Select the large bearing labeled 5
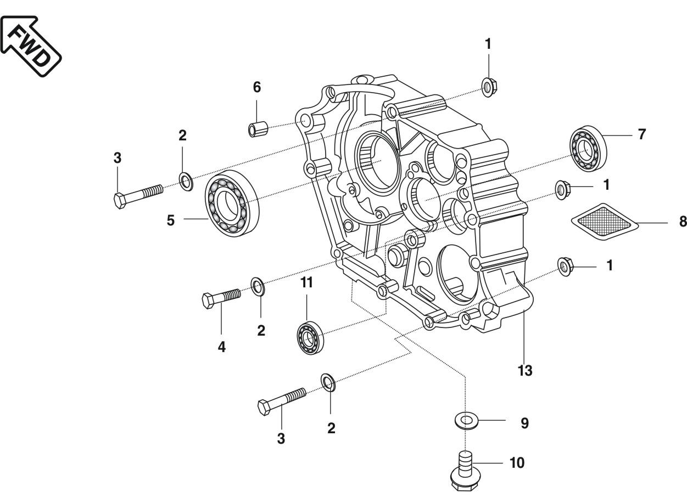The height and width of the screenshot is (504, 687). pos(232,202)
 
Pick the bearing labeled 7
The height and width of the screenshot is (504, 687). pos(587,146)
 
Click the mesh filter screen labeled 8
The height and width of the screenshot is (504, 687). pos(602,221)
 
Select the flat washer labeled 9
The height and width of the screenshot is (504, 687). pos(466,422)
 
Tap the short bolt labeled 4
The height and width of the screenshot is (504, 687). pos(221,299)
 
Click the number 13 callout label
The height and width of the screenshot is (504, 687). pos(524,371)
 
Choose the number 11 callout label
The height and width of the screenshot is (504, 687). pos(306,283)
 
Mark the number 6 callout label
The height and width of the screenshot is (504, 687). pos(257,87)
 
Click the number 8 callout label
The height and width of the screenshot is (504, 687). pos(683,222)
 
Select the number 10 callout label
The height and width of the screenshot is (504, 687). pos(517,463)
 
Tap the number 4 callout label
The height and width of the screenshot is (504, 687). pos(221,347)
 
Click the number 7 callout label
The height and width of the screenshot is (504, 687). pos(642,134)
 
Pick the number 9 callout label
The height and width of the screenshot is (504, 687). pos(524,423)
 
